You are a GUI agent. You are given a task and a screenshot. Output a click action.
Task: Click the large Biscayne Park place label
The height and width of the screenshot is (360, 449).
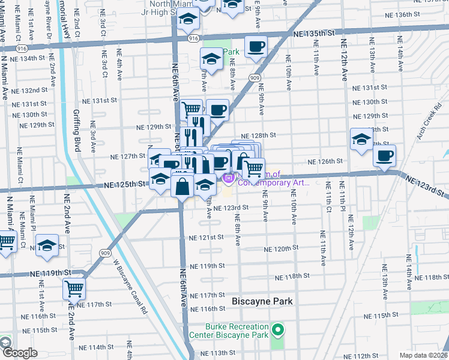263,301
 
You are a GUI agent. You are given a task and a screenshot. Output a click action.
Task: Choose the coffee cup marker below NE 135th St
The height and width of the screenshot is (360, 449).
256,47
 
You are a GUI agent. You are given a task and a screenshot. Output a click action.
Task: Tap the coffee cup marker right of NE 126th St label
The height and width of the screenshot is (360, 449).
384,156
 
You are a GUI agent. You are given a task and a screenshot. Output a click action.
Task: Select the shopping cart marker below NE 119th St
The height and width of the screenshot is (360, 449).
74,289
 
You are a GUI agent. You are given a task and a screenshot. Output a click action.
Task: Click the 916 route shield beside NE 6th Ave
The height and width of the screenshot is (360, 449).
193,38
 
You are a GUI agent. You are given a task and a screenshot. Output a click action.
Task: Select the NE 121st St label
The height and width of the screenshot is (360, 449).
207,238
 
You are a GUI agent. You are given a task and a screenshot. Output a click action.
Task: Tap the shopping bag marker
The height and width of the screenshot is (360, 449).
182,186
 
